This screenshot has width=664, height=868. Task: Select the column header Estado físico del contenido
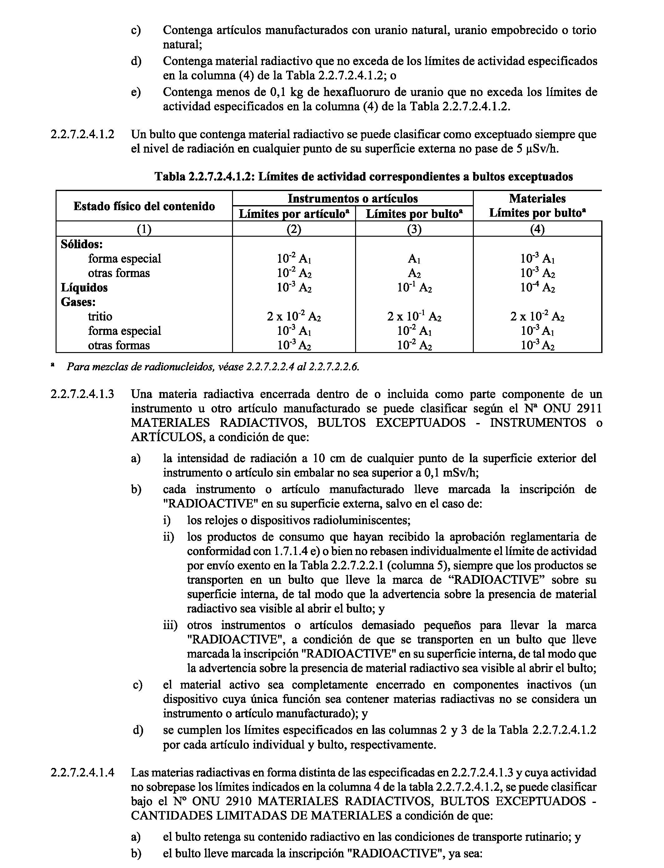[144, 206]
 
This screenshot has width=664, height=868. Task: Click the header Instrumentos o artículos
[353, 198]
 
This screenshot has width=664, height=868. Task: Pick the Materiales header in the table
[537, 198]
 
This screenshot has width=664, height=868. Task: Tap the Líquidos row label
[84, 288]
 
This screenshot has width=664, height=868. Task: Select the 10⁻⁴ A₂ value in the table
[538, 288]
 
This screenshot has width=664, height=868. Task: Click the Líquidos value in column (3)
[414, 288]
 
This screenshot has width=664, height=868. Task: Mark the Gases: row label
[78, 302]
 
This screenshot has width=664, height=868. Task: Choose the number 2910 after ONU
[234, 801]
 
